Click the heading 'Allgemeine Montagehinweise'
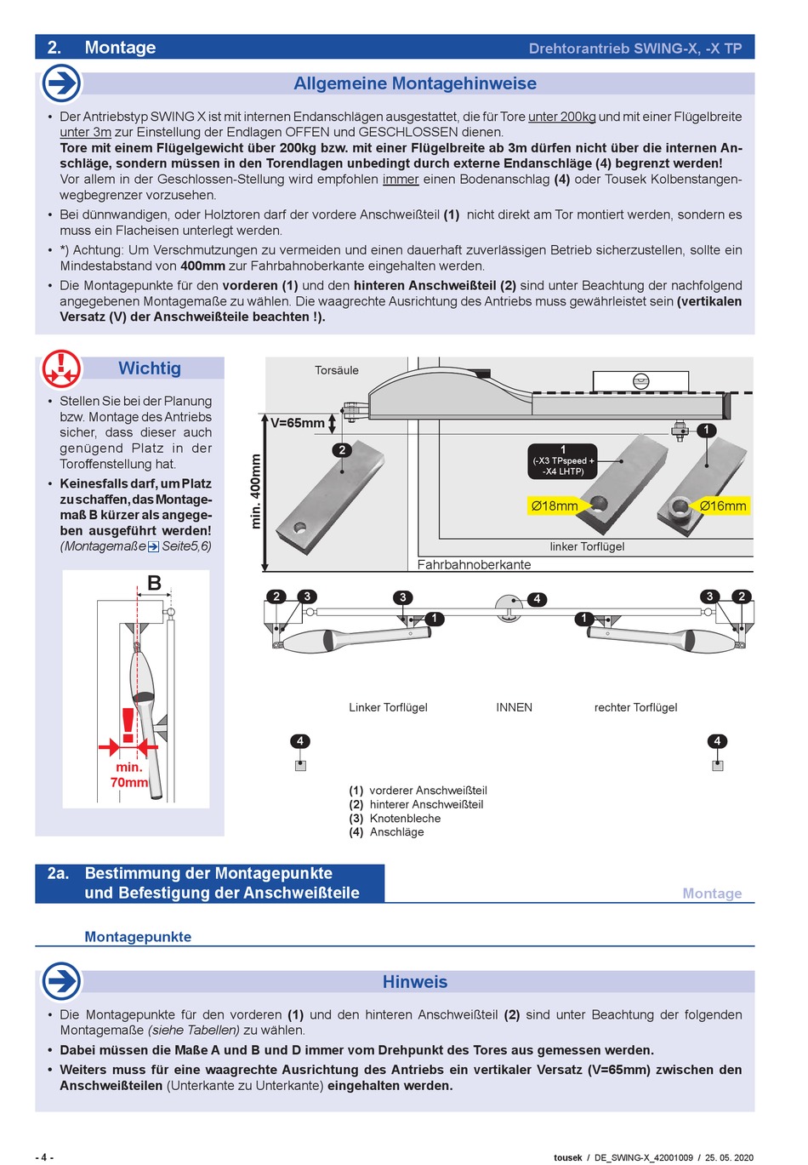click(x=415, y=83)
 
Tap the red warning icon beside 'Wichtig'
click(x=61, y=368)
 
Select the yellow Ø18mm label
click(x=555, y=505)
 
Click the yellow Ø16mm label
click(x=722, y=505)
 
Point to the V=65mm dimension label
click(x=298, y=423)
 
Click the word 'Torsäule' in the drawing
click(x=337, y=370)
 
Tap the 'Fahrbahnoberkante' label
click(x=474, y=564)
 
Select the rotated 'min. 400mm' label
click(x=255, y=492)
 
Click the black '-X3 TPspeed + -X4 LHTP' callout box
click(x=563, y=461)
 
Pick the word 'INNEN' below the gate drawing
click(x=514, y=707)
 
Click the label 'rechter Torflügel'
click(x=635, y=707)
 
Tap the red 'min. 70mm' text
click(x=129, y=774)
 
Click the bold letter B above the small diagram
click(x=154, y=583)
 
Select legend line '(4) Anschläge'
click(x=386, y=832)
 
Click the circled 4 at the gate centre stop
click(x=537, y=599)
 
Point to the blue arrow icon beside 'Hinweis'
click(x=61, y=981)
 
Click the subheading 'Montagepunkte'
click(x=138, y=937)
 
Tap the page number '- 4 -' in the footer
click(x=44, y=1157)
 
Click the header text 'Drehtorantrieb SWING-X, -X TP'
click(x=635, y=49)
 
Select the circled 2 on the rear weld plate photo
click(x=342, y=450)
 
